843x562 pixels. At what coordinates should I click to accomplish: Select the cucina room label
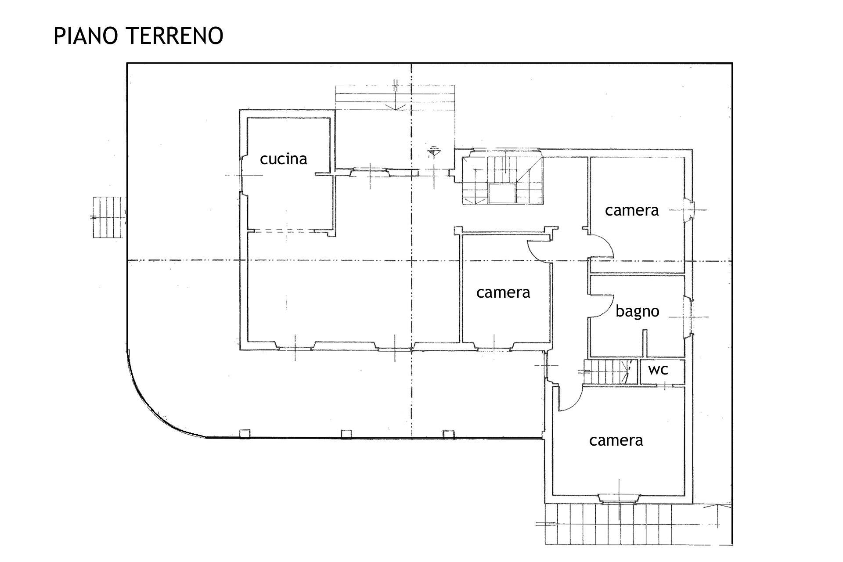pos(283,159)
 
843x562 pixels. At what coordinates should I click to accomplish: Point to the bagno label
pos(637,312)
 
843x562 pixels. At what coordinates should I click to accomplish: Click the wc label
pos(658,370)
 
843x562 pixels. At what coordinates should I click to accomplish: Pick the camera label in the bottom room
pos(616,440)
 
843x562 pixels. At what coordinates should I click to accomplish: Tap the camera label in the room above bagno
pos(632,211)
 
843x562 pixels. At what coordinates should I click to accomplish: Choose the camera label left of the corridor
pos(503,292)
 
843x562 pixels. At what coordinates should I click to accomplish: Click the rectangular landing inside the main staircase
pos(502,193)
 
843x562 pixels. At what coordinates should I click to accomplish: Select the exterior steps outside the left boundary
pos(107,217)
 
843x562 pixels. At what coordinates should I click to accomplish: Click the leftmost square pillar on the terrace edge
pos(245,434)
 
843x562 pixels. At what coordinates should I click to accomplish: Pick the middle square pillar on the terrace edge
pos(346,434)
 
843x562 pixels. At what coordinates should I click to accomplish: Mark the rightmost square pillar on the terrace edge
pos(448,434)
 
